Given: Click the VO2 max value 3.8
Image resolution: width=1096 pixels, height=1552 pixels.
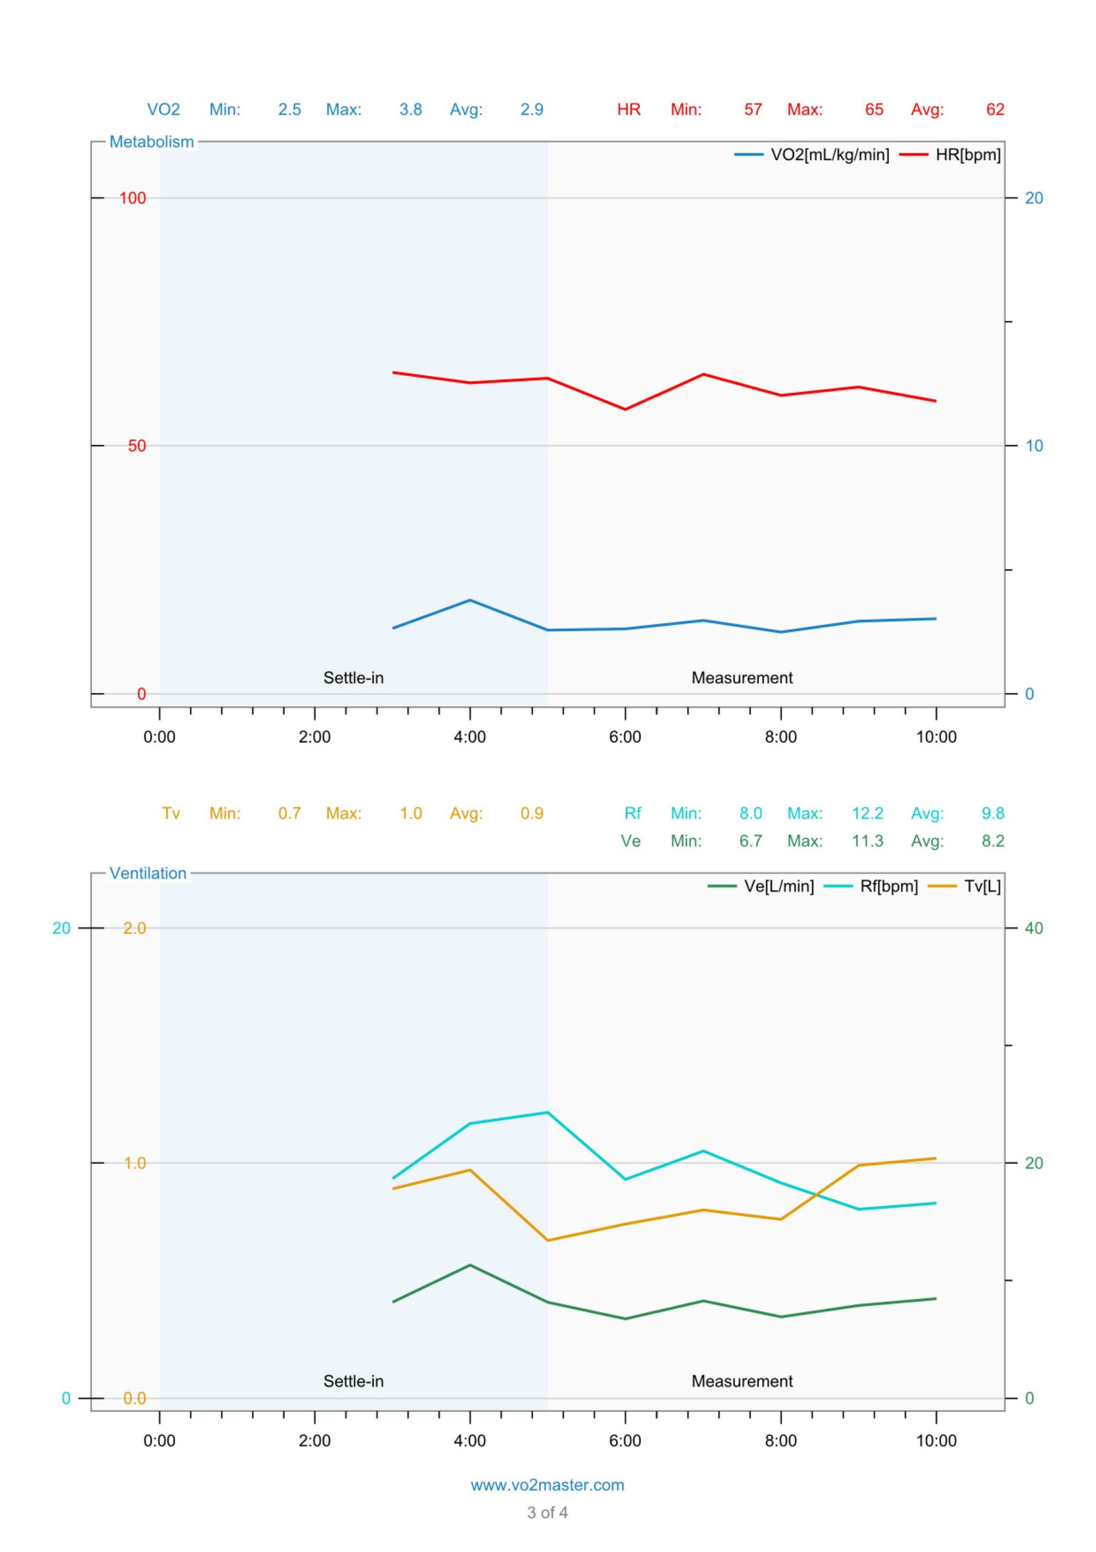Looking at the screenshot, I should point(410,110).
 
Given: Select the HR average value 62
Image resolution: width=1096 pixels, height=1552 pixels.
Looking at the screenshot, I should point(995,110).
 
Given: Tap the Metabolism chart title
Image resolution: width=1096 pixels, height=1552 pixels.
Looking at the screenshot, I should point(151,142).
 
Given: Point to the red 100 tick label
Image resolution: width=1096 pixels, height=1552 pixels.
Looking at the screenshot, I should point(133,198).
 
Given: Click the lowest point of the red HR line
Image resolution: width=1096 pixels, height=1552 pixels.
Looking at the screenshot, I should point(625,409).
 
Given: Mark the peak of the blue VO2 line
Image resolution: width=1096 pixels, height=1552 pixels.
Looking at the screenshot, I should point(470,600).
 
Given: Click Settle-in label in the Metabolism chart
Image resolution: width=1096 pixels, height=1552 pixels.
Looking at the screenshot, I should point(353,677).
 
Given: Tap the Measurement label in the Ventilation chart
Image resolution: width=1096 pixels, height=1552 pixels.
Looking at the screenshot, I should point(742,1381).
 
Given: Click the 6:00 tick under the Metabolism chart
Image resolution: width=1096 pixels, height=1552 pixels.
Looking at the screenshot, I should point(625,737).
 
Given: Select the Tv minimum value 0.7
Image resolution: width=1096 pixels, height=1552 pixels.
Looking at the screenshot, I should point(289,813).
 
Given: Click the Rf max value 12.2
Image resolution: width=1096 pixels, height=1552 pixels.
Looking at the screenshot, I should point(868,813).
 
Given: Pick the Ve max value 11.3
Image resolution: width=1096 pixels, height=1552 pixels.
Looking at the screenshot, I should point(868,841).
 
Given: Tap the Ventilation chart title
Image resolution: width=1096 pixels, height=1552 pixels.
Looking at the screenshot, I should point(148,874).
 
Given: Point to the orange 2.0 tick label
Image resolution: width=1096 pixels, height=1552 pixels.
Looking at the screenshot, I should point(135,928).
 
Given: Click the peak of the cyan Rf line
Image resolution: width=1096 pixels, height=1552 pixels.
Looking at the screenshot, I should point(547,1112).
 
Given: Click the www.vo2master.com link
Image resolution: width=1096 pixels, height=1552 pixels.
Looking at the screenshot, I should point(547,1485).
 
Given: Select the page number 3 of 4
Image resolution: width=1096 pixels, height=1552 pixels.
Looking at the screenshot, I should point(547,1513).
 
